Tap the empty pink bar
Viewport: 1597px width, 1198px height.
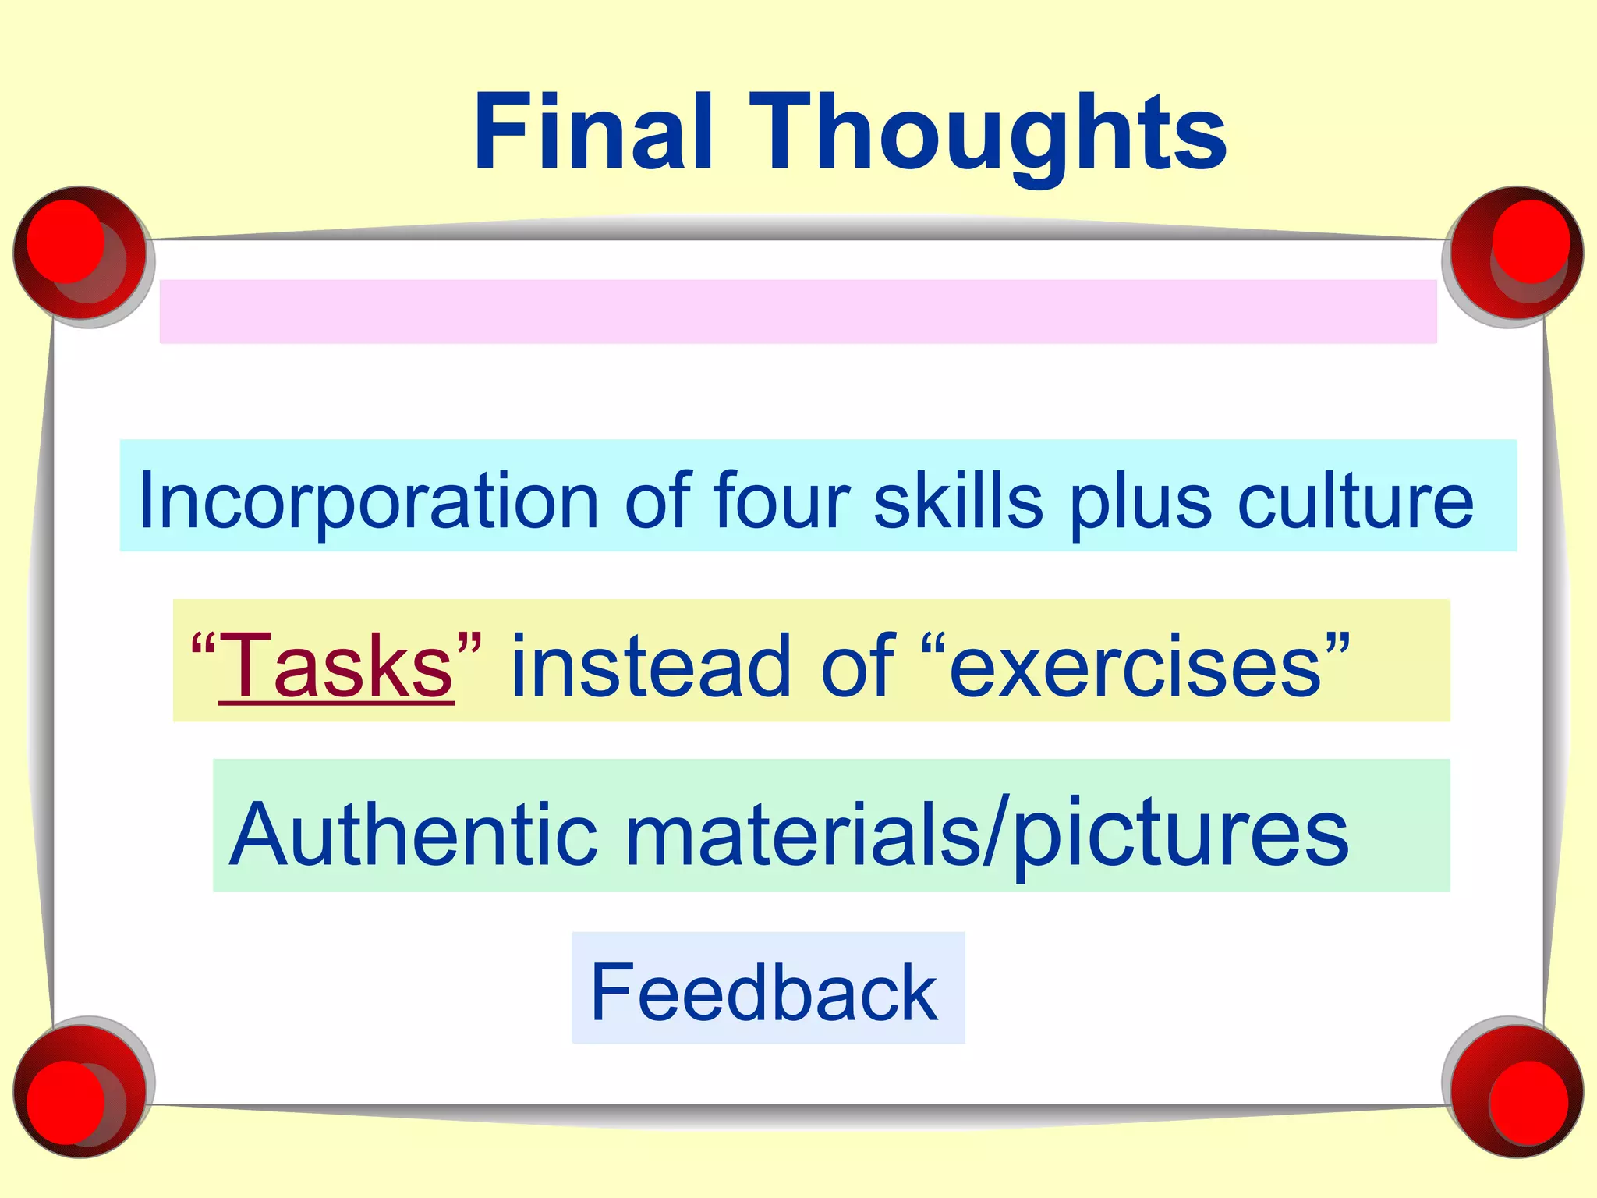(x=798, y=311)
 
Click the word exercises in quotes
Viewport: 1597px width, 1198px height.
(x=1135, y=665)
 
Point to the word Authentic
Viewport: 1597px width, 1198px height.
(x=414, y=832)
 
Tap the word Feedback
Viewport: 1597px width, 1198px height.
(x=763, y=991)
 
